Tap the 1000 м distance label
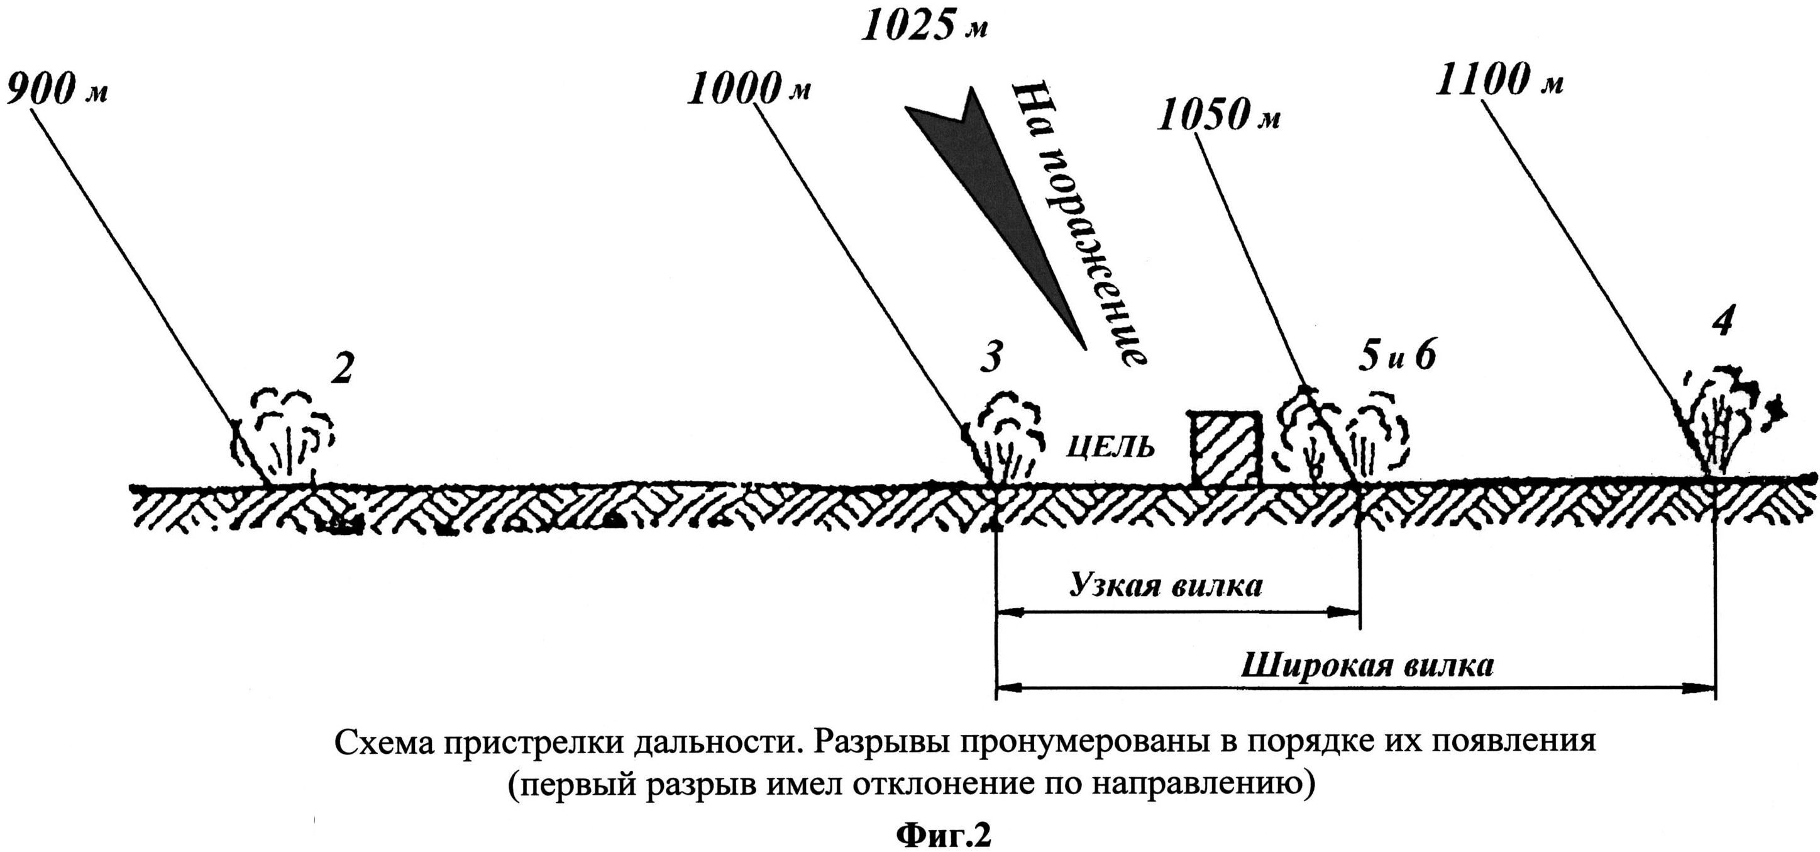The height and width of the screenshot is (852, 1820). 749,91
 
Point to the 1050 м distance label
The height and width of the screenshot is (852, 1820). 1217,116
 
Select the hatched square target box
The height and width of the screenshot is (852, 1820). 1226,448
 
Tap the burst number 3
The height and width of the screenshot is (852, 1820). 991,359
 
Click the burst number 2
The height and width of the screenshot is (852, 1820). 342,370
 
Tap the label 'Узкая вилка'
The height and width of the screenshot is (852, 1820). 1166,585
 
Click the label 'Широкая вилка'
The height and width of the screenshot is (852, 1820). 1367,666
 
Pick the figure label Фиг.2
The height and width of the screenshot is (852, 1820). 944,836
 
